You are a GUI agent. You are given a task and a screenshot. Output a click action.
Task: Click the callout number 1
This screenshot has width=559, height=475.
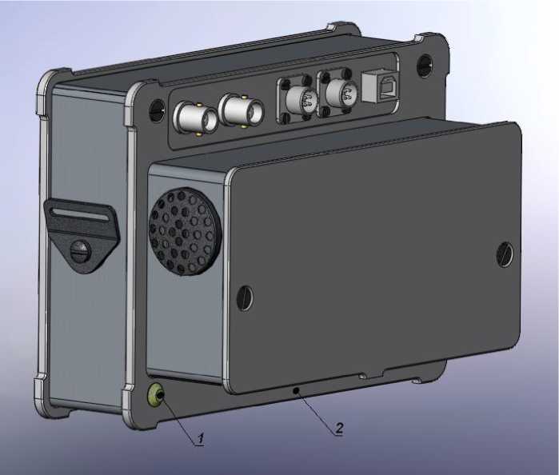click(201, 438)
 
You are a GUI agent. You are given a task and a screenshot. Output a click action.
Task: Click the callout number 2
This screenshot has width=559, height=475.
click(339, 427)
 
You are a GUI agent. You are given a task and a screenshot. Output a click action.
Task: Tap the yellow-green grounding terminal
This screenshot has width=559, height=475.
click(156, 396)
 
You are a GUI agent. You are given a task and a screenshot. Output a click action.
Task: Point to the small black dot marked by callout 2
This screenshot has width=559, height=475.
click(296, 391)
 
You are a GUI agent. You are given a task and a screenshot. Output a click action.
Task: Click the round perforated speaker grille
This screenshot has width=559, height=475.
click(186, 232)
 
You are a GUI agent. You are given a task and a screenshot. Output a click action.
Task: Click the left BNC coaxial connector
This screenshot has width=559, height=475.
click(195, 118)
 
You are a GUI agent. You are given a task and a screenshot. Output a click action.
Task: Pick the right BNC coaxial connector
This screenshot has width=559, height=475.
click(241, 110)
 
